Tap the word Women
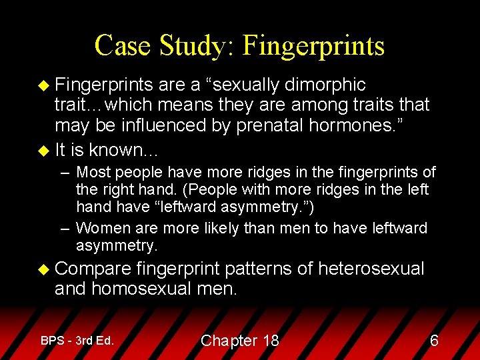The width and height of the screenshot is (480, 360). [105, 228]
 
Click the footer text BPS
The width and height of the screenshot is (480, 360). [53, 340]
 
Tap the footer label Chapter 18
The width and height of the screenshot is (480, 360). [239, 341]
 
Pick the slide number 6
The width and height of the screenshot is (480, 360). [434, 341]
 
